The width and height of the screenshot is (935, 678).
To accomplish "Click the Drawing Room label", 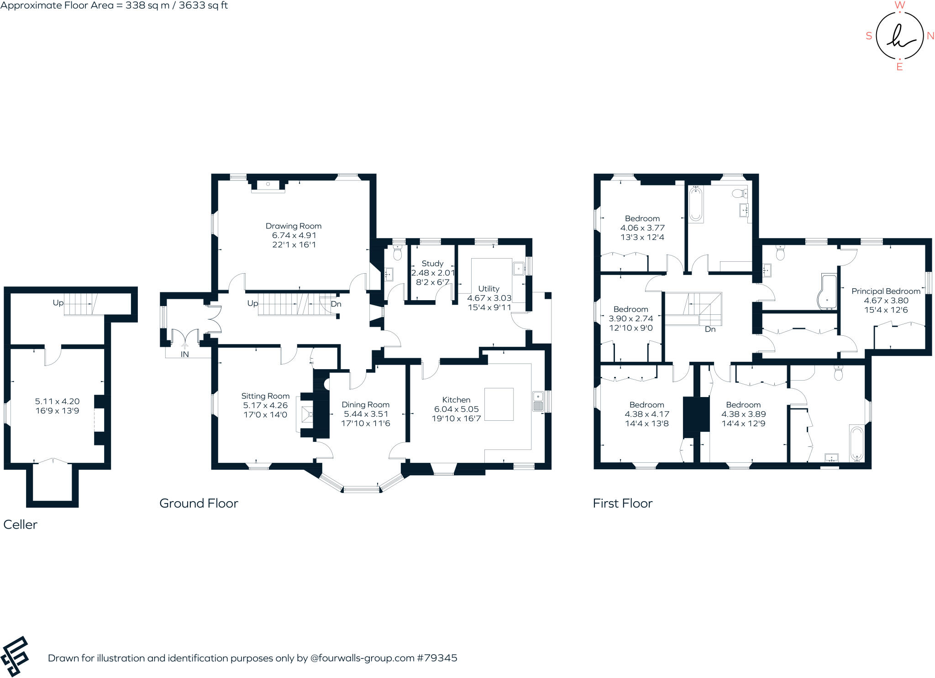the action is point(294,226).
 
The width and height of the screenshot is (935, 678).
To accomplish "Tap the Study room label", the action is point(432,264).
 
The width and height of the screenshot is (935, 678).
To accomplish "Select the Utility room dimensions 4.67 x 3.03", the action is point(489,298).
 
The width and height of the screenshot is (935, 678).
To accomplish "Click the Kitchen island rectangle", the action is point(499,404).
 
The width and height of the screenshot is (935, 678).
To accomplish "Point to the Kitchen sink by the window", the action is point(538,401).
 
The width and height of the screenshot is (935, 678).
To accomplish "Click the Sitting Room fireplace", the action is point(306,414).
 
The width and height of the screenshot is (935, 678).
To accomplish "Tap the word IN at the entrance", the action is point(184,355).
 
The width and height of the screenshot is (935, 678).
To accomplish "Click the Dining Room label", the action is point(366,405).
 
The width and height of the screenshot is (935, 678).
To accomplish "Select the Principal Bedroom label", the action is point(886,291).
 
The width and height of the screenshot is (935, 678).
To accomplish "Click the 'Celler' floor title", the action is point(20,524).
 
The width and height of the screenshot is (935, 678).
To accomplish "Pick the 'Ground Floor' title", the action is point(199,503).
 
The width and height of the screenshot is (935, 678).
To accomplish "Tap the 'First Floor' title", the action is point(623,503).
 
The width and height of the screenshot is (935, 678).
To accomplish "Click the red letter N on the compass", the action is point(930,36).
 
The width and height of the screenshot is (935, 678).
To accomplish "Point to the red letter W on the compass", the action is point(899,5).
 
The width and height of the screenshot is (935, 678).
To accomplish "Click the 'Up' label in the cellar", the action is point(58,303).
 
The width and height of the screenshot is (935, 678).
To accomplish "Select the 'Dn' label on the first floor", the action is point(710,329).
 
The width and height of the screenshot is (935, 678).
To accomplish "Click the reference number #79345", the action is point(437,658).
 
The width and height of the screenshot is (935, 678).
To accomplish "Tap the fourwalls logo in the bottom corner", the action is point(15,657).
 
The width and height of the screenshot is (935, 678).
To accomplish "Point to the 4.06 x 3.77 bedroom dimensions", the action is point(642,228).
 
